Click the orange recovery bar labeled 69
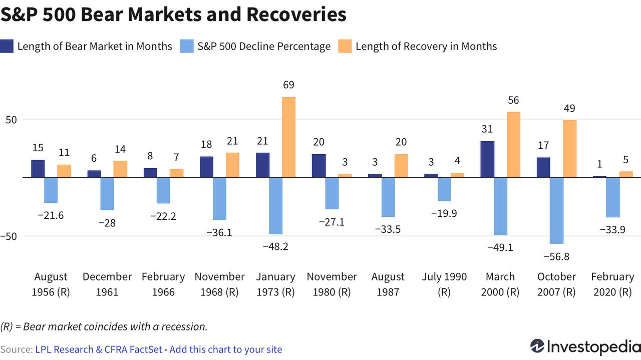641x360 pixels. (289, 137)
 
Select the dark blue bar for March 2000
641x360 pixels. (487, 159)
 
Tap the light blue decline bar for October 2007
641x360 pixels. (556, 211)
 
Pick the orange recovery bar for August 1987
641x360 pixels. (401, 166)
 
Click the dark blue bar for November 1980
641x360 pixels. (318, 166)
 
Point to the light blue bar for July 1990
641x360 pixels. (444, 189)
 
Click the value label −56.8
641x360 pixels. (556, 257)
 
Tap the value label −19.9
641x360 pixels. (444, 213)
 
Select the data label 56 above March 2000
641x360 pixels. (513, 100)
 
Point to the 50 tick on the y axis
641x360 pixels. (11, 120)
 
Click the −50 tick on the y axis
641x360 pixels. (9, 236)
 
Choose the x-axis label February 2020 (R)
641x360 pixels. (612, 284)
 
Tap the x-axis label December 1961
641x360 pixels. (107, 284)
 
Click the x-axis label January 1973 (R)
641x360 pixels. (275, 284)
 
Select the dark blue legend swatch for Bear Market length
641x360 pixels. (7, 46)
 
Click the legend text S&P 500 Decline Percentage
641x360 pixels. (264, 47)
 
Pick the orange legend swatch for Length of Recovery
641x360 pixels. (345, 46)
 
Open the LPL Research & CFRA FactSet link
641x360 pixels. (99, 349)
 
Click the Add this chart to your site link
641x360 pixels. (226, 349)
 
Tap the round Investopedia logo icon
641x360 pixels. (537, 346)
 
